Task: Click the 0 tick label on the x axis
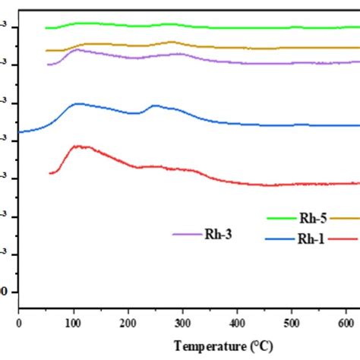pyautogui.click(x=19, y=323)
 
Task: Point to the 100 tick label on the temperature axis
pyautogui.click(x=74, y=323)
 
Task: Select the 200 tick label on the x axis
pyautogui.click(x=128, y=323)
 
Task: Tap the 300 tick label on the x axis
pyautogui.click(x=183, y=323)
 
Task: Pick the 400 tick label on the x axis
pyautogui.click(x=238, y=323)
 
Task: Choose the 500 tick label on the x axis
pyautogui.click(x=292, y=323)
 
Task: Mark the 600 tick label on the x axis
pyautogui.click(x=347, y=323)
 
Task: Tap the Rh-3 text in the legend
pyautogui.click(x=217, y=234)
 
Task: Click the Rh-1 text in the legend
pyautogui.click(x=309, y=238)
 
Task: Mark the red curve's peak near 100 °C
pyautogui.click(x=77, y=146)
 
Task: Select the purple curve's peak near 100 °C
pyautogui.click(x=77, y=49)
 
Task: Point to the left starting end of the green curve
pyautogui.click(x=46, y=27)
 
